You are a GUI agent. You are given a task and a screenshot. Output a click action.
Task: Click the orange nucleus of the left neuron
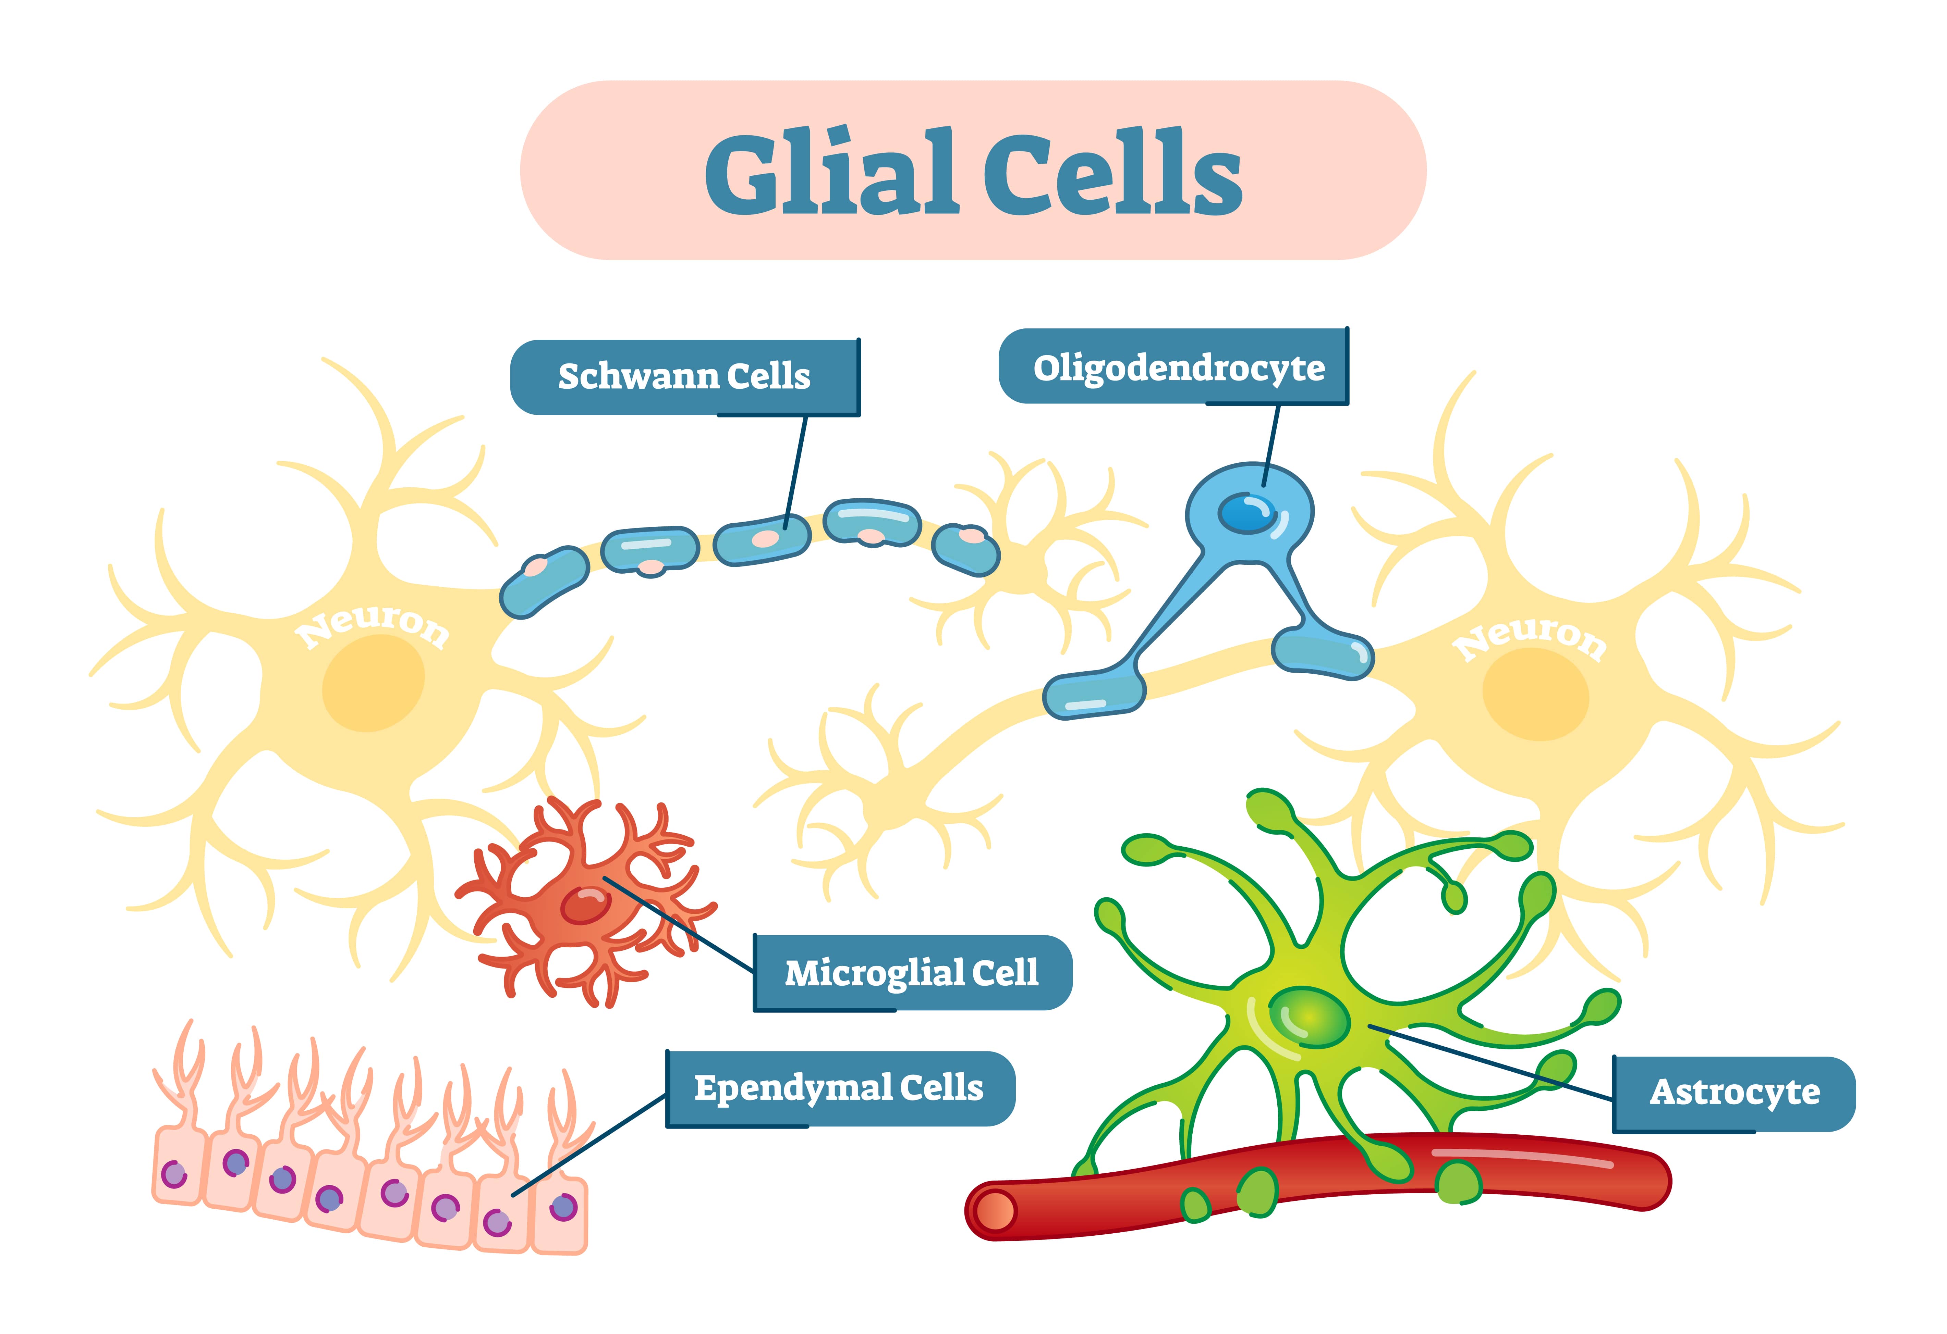pos(373,683)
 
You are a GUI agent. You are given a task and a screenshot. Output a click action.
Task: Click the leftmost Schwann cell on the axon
pos(545,582)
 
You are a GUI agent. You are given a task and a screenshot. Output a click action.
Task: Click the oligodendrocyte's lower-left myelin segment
pos(1093,695)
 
